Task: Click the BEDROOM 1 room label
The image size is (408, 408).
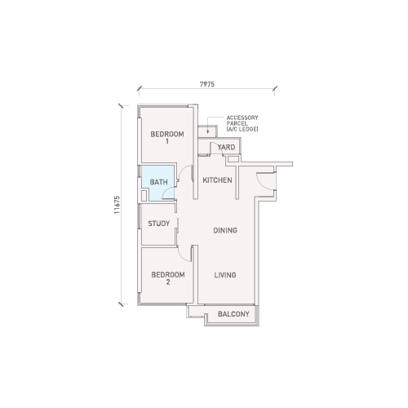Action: (167, 137)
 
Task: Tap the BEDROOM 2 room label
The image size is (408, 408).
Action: (168, 278)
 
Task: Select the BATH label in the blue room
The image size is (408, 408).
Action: (159, 182)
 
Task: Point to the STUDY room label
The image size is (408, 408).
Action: (159, 224)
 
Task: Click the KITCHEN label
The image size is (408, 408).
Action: (217, 180)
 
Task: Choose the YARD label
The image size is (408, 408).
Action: (226, 148)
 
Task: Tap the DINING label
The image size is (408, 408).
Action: (225, 230)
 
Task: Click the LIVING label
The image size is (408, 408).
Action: (225, 275)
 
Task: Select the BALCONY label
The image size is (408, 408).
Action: (233, 314)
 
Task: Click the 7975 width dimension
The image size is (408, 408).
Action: (207, 84)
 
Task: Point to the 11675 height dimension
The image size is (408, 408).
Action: (117, 205)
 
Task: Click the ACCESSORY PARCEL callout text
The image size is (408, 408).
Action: (242, 123)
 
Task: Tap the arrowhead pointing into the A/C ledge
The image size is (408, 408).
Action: (208, 132)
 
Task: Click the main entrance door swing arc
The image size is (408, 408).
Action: (260, 184)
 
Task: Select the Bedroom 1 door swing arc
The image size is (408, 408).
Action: (183, 171)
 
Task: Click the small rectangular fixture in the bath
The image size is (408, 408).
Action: (144, 196)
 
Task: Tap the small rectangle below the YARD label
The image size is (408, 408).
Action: (233, 159)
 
